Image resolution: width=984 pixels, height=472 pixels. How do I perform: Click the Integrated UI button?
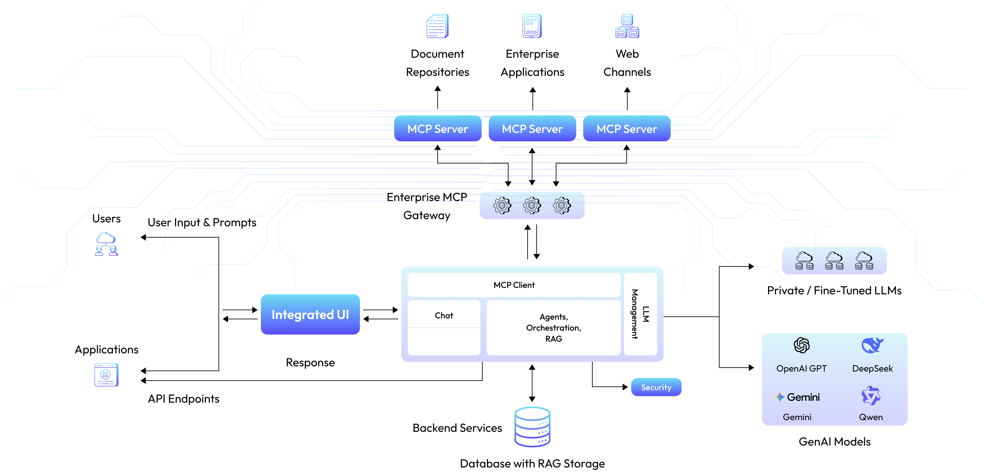pyautogui.click(x=310, y=314)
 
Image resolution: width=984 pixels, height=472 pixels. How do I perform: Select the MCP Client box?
pyautogui.click(x=514, y=285)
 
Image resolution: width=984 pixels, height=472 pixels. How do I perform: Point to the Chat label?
pyautogui.click(x=443, y=315)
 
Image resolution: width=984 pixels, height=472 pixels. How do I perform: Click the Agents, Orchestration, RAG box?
pyautogui.click(x=553, y=328)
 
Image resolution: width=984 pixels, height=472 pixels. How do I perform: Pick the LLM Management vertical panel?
pyautogui.click(x=640, y=314)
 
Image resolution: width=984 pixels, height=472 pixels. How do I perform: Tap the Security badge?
pyautogui.click(x=656, y=387)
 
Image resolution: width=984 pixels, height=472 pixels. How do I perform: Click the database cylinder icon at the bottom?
pyautogui.click(x=532, y=427)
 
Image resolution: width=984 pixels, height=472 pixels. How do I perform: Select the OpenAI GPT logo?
pyautogui.click(x=801, y=345)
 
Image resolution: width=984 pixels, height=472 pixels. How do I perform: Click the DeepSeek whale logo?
pyautogui.click(x=872, y=345)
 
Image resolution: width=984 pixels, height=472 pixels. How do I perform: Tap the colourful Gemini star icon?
pyautogui.click(x=779, y=397)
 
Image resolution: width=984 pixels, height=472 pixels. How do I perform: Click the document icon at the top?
pyautogui.click(x=437, y=26)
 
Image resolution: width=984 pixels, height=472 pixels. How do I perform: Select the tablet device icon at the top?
pyautogui.click(x=532, y=26)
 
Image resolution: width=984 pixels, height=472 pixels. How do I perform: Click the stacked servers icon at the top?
pyautogui.click(x=627, y=26)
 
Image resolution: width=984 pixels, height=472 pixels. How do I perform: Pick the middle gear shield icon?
pyautogui.click(x=532, y=206)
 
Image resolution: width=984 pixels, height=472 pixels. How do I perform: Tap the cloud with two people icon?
pyautogui.click(x=106, y=244)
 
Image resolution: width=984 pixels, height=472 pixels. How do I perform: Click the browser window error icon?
pyautogui.click(x=106, y=374)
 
